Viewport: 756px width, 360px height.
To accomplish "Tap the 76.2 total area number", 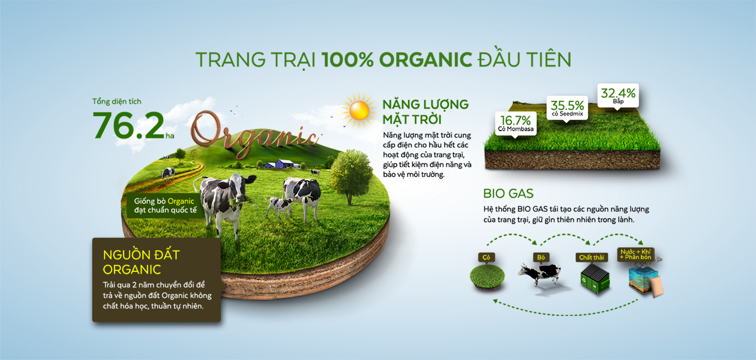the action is (129, 125).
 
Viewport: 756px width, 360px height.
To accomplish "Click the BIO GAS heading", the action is (508, 193).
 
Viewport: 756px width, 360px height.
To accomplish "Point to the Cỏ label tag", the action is (486, 257).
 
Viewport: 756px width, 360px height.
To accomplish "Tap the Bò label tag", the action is (541, 257).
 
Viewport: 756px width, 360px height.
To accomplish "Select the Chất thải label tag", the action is (591, 257).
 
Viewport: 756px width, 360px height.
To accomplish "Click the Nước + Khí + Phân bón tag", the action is (636, 254).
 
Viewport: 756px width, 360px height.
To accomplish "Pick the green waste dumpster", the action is (595, 278).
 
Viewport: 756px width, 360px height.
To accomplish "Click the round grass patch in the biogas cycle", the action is (487, 277).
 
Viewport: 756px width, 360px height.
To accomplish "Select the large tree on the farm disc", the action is (350, 175).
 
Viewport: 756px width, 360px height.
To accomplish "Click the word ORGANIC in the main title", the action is (426, 60).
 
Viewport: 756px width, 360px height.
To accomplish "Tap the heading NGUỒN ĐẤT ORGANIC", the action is (141, 262).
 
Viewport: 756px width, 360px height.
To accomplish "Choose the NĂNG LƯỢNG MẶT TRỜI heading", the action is (426, 112).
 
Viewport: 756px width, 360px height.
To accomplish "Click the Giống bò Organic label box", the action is (165, 206).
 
